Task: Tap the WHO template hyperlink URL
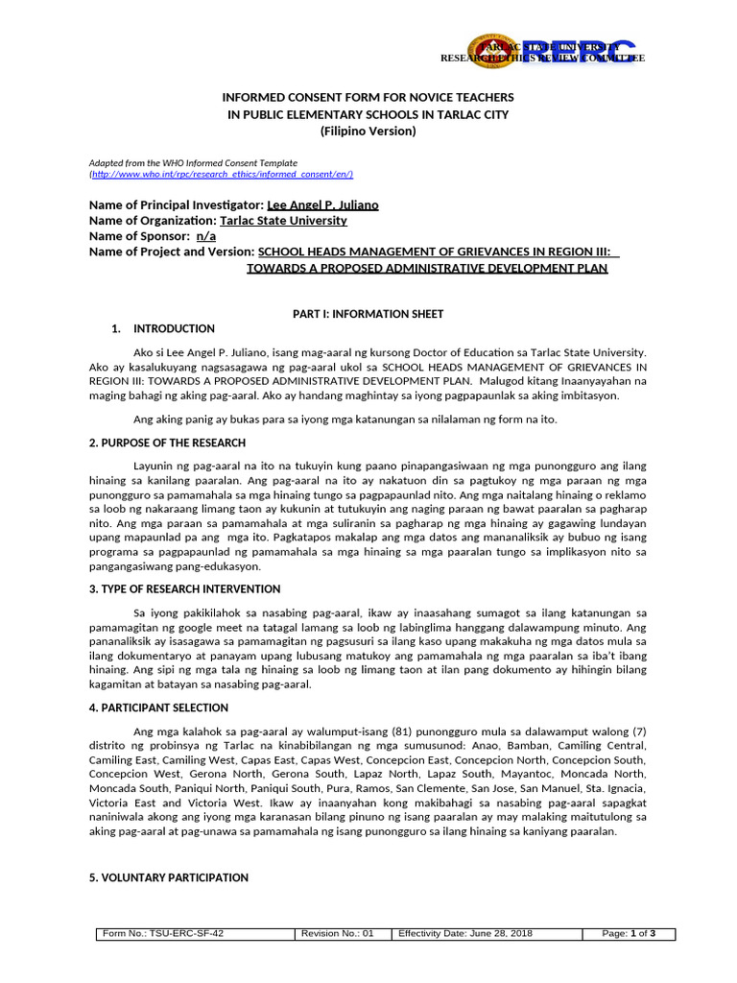pyautogui.click(x=223, y=174)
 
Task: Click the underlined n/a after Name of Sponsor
pyautogui.click(x=206, y=236)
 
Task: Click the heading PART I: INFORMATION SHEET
pyautogui.click(x=368, y=314)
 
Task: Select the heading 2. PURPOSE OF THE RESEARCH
pyautogui.click(x=167, y=443)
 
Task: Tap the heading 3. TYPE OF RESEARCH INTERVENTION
pyautogui.click(x=184, y=588)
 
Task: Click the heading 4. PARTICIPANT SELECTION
pyautogui.click(x=158, y=707)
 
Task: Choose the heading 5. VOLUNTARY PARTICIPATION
pyautogui.click(x=168, y=877)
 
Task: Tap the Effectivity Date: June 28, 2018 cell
pyautogui.click(x=466, y=934)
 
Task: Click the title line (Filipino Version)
pyautogui.click(x=368, y=131)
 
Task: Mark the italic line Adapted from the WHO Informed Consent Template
pyautogui.click(x=193, y=163)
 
